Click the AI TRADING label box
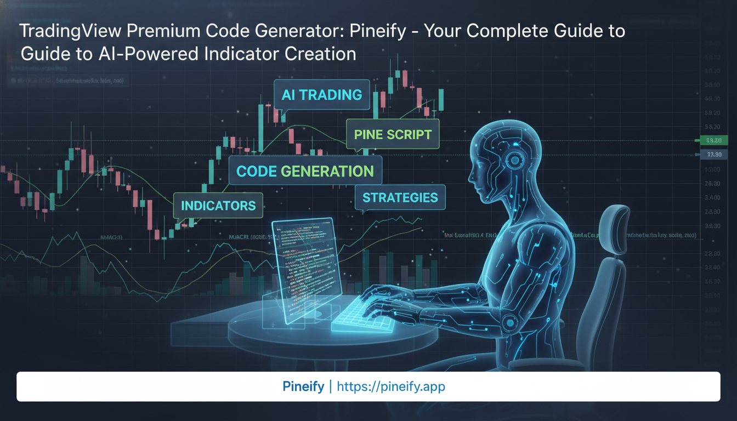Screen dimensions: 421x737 (322, 95)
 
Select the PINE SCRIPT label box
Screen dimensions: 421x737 (393, 134)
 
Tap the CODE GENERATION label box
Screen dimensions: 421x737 (305, 171)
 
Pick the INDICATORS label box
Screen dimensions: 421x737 (218, 206)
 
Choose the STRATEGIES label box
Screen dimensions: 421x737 (400, 198)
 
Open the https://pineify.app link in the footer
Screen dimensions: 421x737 (391, 386)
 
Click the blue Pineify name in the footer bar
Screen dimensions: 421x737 (303, 386)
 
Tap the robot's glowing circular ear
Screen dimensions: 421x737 (514, 160)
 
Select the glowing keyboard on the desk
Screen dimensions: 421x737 (364, 318)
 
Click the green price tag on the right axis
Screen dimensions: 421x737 (713, 141)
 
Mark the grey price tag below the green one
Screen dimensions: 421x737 (714, 155)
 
